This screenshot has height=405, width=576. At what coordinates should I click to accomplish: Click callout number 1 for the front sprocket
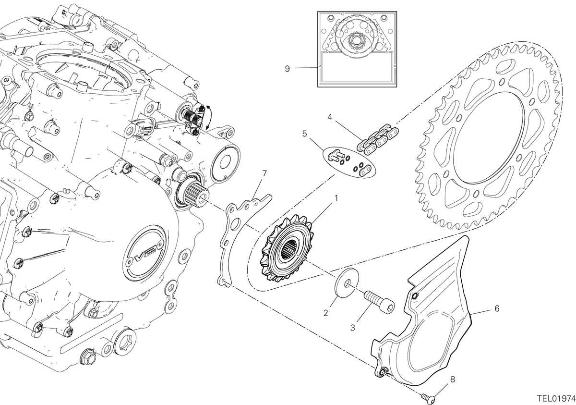coord(336,198)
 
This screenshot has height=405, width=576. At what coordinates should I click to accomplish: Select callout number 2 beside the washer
coord(326,313)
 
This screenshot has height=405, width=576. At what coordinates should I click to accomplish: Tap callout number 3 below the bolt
coord(352,328)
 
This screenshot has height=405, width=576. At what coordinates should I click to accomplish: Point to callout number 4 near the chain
coord(330,117)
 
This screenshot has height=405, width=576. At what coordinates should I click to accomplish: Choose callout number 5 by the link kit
coord(305,134)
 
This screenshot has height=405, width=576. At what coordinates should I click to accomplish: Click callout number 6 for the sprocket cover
coord(497,308)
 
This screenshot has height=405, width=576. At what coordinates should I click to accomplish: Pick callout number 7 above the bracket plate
coord(264,173)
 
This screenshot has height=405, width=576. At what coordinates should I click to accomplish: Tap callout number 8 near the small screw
coord(452,379)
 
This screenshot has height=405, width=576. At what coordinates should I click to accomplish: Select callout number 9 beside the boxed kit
coord(287,69)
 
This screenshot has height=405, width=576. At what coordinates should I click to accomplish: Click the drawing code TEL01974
coord(556,398)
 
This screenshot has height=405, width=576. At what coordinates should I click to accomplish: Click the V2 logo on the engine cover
coord(146,253)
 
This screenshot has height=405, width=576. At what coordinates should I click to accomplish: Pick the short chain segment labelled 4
coord(378,139)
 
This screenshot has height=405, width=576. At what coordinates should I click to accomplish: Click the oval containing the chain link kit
coord(349,162)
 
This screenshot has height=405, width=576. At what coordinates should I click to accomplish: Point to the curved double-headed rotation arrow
coord(210,118)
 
